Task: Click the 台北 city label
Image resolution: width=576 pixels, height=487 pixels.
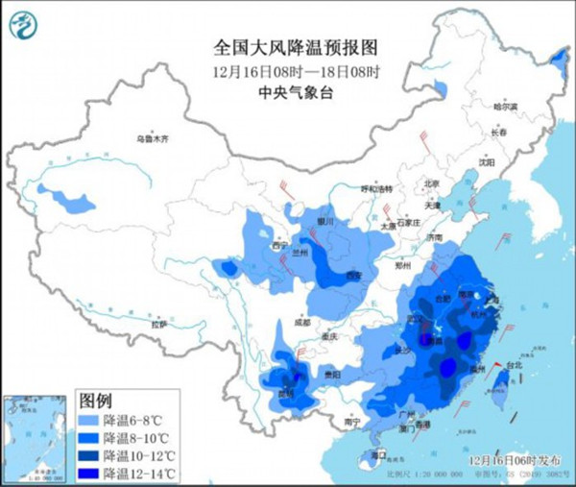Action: point(514,365)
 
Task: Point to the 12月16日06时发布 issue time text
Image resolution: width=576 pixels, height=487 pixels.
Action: point(519,461)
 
